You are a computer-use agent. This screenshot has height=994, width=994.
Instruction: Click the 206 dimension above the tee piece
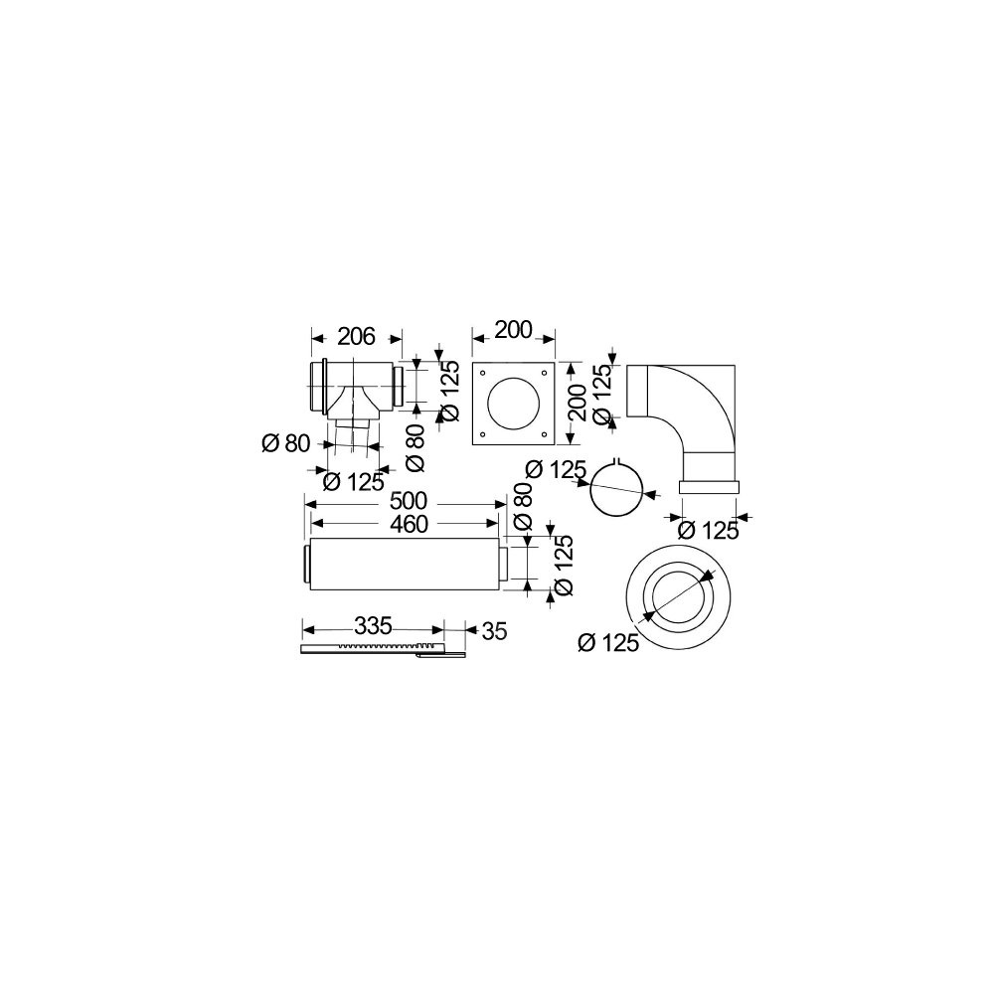[356, 337]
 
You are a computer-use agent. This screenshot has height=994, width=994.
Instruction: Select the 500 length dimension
[409, 501]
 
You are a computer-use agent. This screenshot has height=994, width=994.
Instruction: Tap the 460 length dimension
[409, 524]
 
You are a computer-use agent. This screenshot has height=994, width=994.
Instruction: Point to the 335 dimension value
[374, 626]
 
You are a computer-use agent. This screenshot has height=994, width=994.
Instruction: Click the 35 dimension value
[494, 631]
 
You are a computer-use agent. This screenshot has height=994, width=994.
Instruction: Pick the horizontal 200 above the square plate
[513, 330]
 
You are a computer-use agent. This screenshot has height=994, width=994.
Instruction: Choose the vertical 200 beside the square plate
[578, 403]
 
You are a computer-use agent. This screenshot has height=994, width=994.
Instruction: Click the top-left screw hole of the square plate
[483, 374]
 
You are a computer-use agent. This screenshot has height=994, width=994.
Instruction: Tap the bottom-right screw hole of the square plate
[544, 434]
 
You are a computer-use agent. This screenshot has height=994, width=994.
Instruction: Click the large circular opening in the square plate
[514, 404]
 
